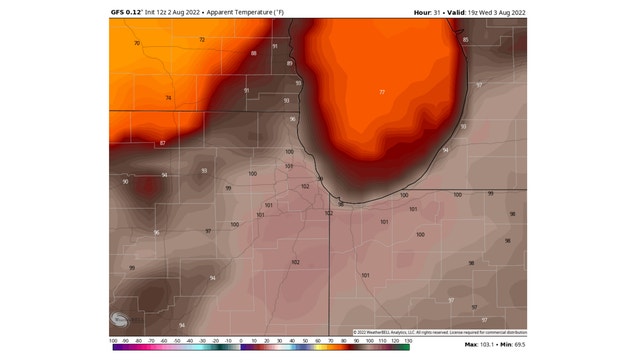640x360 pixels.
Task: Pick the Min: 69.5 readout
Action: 514,345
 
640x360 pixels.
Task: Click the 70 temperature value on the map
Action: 137,44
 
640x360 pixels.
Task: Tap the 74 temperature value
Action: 168,97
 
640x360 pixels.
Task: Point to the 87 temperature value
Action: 162,143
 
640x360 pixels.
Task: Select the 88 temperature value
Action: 253,53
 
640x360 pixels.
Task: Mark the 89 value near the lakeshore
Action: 290,63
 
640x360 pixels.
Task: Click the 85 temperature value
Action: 465,40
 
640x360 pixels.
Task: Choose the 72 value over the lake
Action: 381,91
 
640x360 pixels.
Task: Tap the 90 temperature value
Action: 125,181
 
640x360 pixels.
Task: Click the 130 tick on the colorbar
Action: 408,341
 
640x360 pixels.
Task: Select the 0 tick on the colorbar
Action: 241,341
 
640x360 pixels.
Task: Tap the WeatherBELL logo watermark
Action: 121,320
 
